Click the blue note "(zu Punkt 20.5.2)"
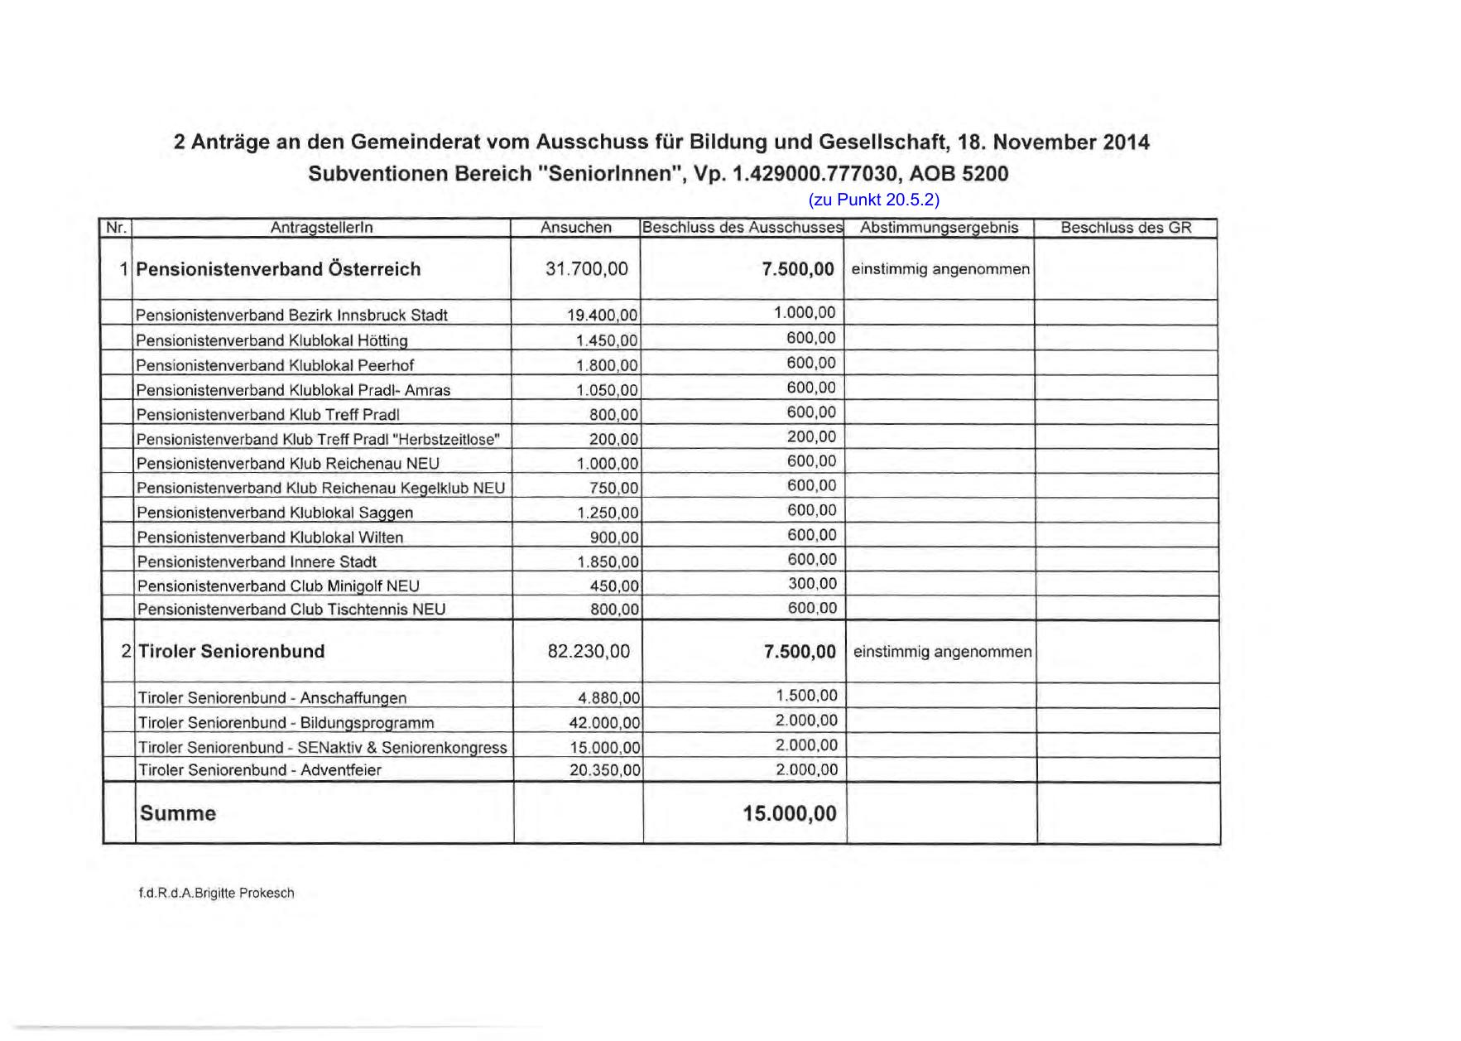(873, 200)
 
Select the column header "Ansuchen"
(575, 228)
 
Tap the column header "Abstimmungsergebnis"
(939, 228)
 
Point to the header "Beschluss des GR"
(1126, 228)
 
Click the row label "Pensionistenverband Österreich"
(278, 269)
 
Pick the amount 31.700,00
(586, 269)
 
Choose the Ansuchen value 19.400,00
(602, 316)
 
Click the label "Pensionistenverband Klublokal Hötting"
(272, 340)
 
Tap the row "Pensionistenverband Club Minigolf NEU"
(278, 586)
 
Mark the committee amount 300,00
(811, 584)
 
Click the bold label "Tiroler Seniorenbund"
(231, 652)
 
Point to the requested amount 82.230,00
(588, 652)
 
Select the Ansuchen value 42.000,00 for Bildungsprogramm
(604, 723)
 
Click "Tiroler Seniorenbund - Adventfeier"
(259, 770)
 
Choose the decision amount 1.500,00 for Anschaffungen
(806, 696)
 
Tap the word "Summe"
(178, 813)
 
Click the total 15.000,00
(789, 813)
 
